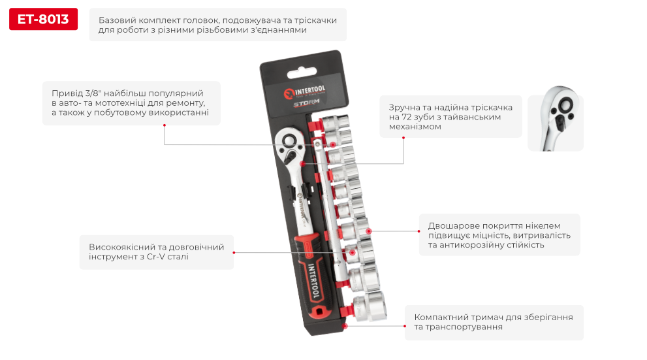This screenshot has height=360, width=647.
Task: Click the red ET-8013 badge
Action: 43,19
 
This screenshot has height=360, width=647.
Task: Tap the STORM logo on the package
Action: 307,103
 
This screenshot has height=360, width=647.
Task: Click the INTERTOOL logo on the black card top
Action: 305,91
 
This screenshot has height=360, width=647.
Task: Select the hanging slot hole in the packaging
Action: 302,73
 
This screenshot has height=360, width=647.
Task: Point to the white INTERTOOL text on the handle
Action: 313,281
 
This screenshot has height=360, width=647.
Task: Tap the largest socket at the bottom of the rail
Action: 370,306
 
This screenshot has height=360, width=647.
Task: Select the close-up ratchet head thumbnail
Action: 556,118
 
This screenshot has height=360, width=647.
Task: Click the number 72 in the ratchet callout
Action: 407,117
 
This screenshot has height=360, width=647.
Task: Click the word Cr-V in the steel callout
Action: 155,256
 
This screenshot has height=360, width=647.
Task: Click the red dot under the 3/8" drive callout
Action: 165,125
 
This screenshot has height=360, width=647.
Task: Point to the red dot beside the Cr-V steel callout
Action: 234,253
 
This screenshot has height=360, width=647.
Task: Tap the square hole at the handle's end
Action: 318,310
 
